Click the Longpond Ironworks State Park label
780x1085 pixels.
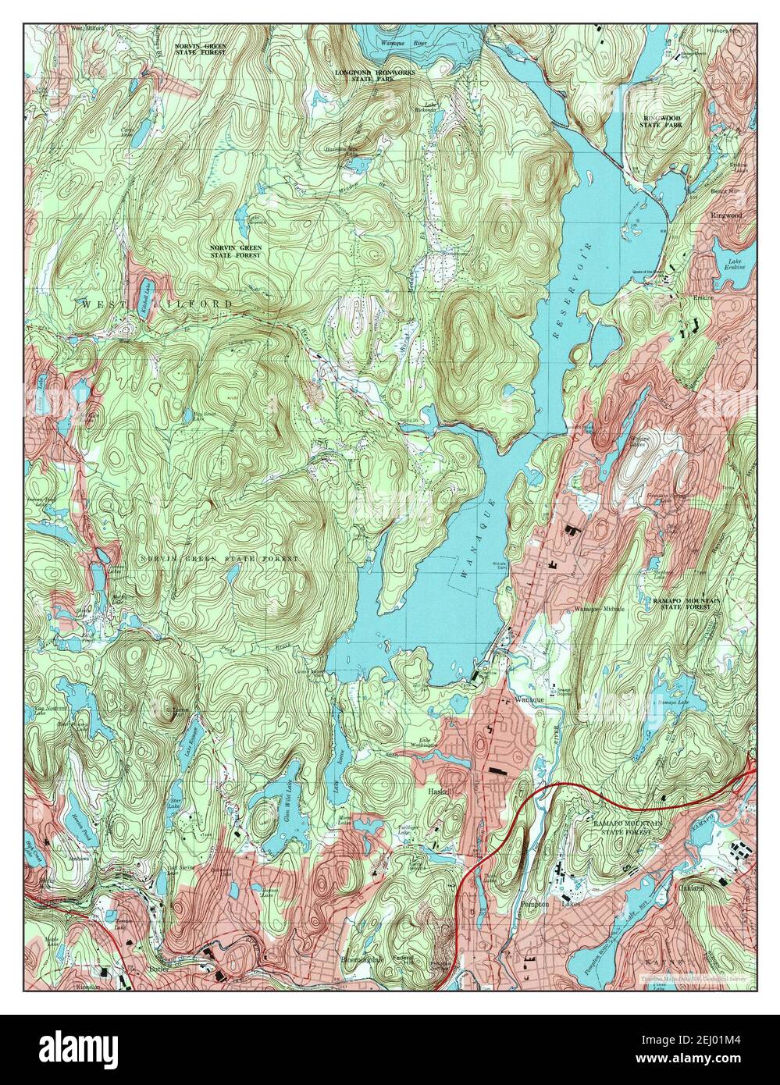click(375, 76)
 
